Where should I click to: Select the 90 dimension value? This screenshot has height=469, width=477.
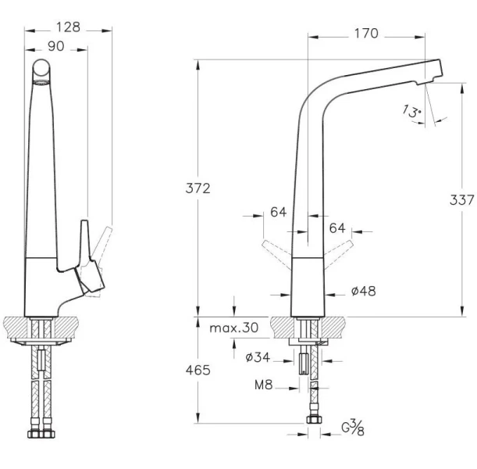pos(56,46)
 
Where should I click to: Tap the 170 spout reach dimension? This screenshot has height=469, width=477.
pos(367,33)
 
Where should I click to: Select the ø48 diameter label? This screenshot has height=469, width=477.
pos(363,292)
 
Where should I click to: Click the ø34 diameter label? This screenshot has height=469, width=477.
pos(258,358)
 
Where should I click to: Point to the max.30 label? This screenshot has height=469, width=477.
pos(234,328)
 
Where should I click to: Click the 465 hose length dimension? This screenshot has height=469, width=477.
pos(198,371)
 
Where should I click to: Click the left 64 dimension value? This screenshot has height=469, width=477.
pos(278,212)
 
